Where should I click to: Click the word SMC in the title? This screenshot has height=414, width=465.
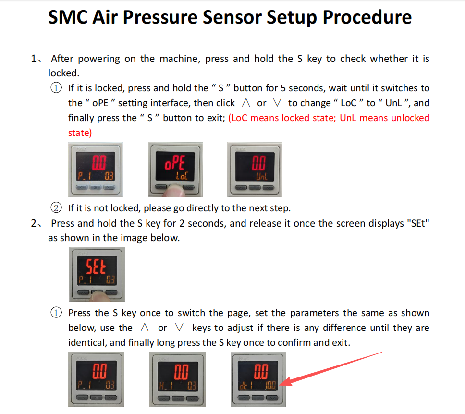[68, 17]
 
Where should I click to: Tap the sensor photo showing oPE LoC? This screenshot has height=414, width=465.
[175, 170]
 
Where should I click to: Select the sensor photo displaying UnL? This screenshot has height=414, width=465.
[255, 170]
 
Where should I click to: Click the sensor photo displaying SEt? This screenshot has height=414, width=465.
[97, 275]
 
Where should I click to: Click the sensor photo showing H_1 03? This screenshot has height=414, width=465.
[178, 379]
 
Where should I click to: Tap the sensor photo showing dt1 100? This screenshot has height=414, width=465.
[258, 379]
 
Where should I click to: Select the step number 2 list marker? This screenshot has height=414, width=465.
[36, 223]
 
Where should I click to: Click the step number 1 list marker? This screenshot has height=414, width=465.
[36, 59]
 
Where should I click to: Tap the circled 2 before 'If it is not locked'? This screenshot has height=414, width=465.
[56, 208]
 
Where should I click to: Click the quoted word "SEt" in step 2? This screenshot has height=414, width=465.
[418, 223]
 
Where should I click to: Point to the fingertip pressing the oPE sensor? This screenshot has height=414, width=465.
[175, 191]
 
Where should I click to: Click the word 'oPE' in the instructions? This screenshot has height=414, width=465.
[100, 103]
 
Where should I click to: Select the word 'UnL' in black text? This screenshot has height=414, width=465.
[393, 103]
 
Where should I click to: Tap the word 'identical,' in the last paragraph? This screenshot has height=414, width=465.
[87, 343]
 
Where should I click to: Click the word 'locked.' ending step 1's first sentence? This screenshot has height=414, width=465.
[64, 73]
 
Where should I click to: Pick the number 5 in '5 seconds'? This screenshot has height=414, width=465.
[283, 88]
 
